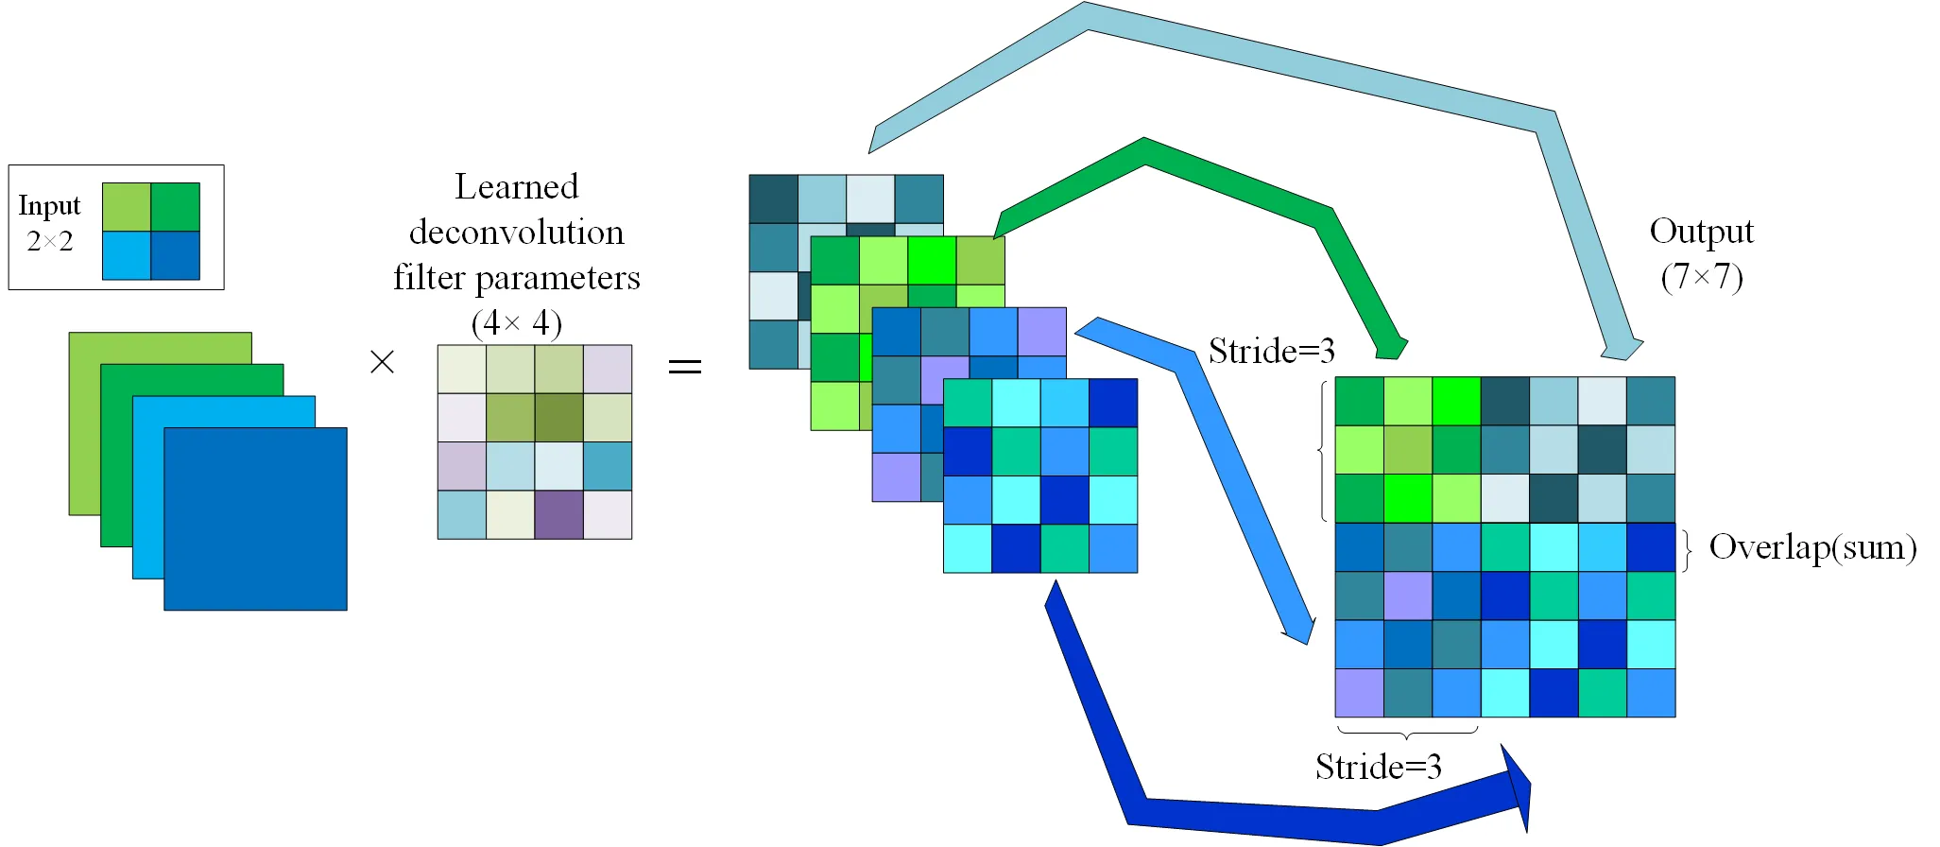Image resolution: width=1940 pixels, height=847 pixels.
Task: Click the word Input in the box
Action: [49, 205]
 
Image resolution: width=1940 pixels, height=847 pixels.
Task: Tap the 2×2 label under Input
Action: [50, 242]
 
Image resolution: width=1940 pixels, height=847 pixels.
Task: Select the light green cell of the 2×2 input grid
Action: [127, 207]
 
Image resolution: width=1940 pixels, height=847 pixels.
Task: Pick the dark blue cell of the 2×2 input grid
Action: [176, 255]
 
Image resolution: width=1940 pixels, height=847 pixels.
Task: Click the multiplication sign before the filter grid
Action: [382, 361]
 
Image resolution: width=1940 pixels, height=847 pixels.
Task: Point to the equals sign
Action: [685, 366]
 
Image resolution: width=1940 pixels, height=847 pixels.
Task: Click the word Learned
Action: [517, 186]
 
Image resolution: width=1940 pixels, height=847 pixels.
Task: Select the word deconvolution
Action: [517, 232]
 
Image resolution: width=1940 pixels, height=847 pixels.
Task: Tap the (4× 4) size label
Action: [517, 323]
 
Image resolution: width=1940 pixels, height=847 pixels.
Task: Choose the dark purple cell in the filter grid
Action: [558, 515]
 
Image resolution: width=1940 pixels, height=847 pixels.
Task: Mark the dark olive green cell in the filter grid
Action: [558, 418]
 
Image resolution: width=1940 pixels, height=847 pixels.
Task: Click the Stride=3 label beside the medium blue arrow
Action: [1272, 351]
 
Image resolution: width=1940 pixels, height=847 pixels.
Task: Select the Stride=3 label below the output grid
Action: [1379, 766]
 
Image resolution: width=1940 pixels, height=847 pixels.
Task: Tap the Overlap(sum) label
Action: [1813, 547]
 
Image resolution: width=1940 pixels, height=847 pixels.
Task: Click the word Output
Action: [1702, 232]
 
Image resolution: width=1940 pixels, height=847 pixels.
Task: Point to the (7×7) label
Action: [1702, 276]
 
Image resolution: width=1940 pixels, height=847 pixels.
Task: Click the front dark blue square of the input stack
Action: [255, 519]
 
